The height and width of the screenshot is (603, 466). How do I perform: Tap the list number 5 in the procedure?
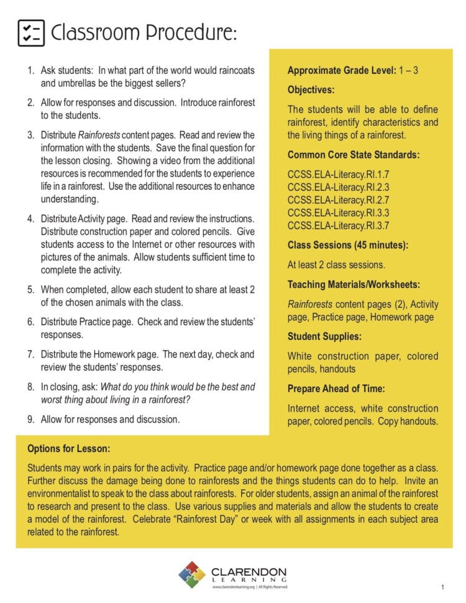30,290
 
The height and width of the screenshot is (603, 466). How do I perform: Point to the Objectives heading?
311,90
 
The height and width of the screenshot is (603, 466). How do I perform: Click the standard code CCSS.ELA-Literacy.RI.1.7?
338,173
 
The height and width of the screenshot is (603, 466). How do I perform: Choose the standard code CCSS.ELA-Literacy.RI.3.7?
338,226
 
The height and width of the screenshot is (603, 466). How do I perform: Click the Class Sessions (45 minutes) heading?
347,245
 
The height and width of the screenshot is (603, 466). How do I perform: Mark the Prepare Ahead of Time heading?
336,389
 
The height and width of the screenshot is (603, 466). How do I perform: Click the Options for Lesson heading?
69,449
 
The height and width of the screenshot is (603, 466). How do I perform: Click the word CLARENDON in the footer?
249,571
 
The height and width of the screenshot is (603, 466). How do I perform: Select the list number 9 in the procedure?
30,420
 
